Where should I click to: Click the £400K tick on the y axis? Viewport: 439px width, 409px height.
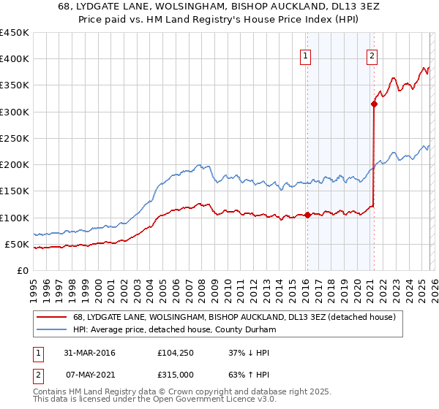(15, 59)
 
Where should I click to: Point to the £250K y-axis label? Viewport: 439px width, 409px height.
(15, 138)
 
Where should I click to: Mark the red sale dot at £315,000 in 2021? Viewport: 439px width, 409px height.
(374, 104)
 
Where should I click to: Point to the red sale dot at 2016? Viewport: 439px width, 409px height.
(307, 215)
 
